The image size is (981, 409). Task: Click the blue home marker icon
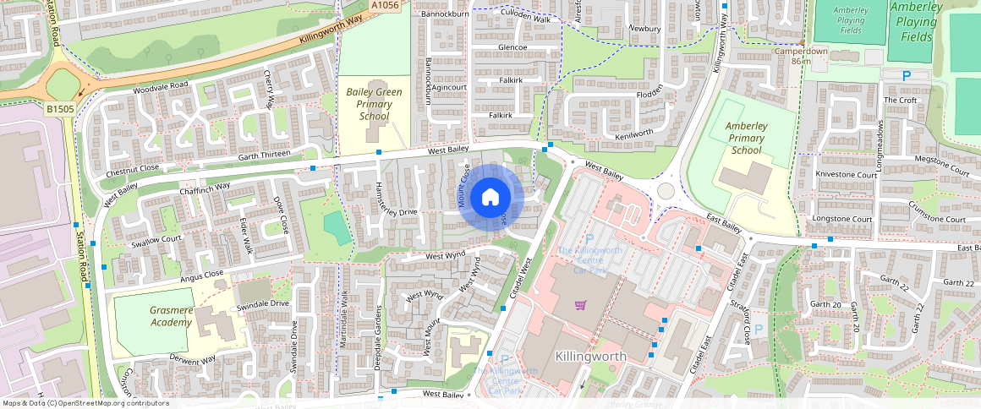(x=490, y=198)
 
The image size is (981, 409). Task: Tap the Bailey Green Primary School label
(x=374, y=104)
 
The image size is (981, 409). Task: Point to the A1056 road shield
(x=384, y=6)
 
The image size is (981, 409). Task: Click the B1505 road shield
(x=60, y=109)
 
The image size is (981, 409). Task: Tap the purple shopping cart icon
(x=581, y=305)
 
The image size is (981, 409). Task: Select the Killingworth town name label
(x=591, y=356)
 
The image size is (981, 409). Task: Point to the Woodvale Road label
(x=160, y=86)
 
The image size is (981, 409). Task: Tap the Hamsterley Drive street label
(x=397, y=211)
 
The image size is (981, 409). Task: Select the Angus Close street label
(x=201, y=274)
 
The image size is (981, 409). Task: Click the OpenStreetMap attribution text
(x=85, y=403)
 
